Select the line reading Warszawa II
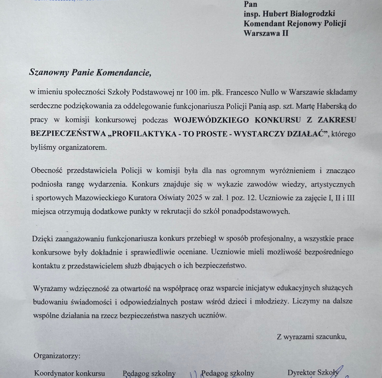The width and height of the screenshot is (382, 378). (x=266, y=33)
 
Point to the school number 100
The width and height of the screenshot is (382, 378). (x=191, y=92)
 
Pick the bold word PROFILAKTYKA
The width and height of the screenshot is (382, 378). (x=147, y=133)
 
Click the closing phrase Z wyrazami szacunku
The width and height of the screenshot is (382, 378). (x=312, y=337)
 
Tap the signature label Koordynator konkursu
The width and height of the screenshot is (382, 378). (x=70, y=373)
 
